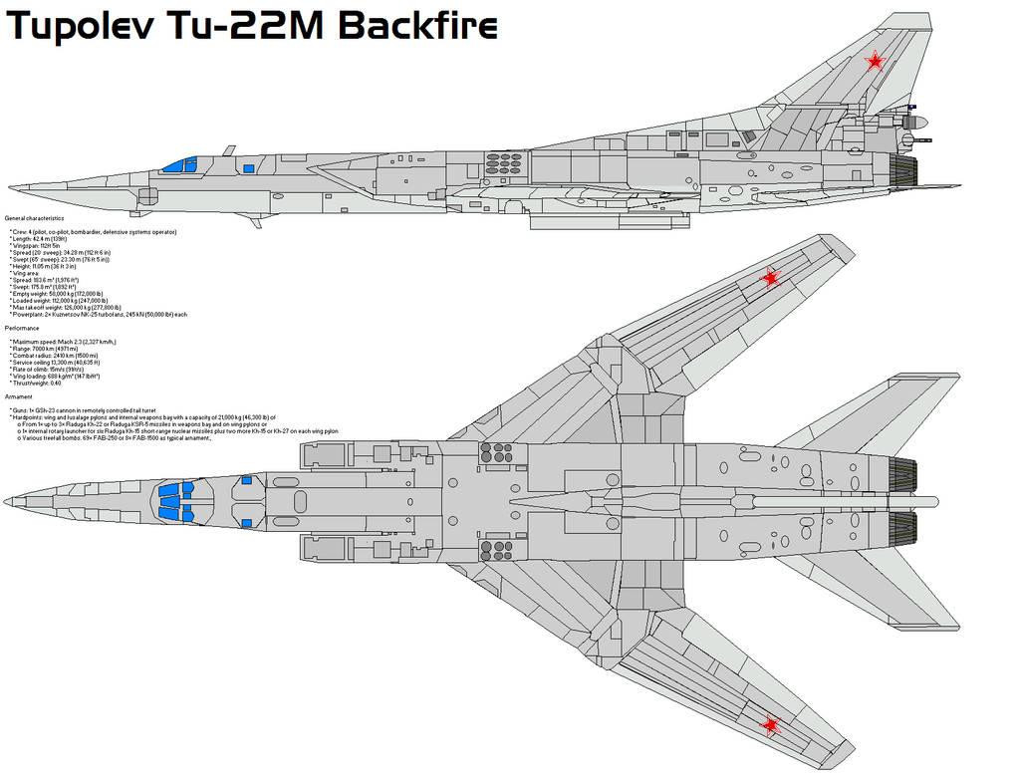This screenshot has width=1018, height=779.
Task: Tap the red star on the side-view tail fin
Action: tap(874, 63)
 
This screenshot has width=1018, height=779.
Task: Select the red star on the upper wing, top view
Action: tap(769, 278)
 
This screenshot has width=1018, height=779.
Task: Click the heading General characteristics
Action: tap(34, 217)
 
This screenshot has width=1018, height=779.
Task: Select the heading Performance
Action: tap(22, 328)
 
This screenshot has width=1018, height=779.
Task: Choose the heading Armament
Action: tap(21, 396)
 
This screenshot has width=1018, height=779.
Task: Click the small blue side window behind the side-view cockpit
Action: tap(248, 168)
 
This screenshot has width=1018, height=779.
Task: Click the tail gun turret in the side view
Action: tap(918, 124)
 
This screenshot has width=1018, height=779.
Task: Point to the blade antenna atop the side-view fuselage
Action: tap(228, 150)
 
